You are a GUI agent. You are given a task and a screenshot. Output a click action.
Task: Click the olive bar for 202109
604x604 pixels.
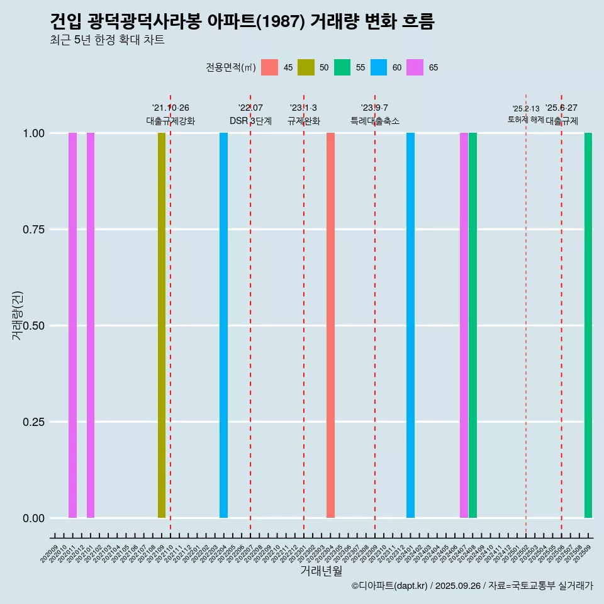tap(162, 325)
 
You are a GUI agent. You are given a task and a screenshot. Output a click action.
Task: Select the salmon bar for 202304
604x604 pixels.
tap(330, 325)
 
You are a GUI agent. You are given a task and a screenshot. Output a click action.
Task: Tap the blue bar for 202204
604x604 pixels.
tap(223, 325)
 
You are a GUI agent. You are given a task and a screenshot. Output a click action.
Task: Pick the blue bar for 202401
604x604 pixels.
tap(410, 325)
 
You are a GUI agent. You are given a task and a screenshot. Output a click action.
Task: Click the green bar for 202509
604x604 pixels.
tap(588, 325)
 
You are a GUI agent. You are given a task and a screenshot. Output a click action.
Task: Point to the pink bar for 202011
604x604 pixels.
tap(72, 325)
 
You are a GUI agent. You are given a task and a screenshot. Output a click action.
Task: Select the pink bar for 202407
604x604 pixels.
tap(464, 325)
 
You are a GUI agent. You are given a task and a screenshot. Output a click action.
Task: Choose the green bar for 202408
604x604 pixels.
tap(473, 325)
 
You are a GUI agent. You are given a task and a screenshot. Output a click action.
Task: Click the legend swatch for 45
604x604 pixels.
tap(269, 67)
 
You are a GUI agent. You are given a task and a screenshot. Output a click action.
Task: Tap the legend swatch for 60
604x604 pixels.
tap(379, 67)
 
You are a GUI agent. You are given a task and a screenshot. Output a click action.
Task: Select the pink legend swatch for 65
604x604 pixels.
tap(415, 67)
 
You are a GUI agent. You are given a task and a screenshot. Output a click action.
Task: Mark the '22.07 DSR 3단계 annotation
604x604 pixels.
tap(250, 115)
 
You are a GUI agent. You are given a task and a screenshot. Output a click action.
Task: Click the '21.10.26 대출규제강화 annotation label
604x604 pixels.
tap(171, 115)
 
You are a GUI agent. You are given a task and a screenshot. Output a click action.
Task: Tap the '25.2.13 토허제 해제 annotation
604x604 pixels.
tap(526, 115)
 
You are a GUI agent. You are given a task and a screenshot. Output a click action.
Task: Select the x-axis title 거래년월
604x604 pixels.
tap(321, 571)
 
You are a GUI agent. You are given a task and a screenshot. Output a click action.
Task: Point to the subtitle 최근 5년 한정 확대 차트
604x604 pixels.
tap(107, 40)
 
